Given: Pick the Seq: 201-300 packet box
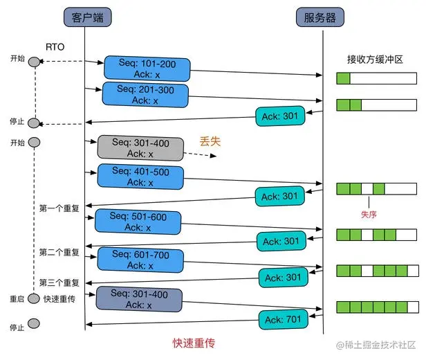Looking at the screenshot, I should pyautogui.click(x=145, y=94).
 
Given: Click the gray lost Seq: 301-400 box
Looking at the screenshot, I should pyautogui.click(x=140, y=148).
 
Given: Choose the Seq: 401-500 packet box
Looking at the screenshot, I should pyautogui.click(x=141, y=176).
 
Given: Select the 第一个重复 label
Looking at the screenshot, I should pyautogui.click(x=59, y=208).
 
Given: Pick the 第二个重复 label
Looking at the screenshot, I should pyautogui.click(x=59, y=251).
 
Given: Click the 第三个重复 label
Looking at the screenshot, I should pyautogui.click(x=59, y=282).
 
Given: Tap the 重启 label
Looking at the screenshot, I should pyautogui.click(x=17, y=299).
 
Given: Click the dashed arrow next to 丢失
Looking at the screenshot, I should pyautogui.click(x=201, y=154).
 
